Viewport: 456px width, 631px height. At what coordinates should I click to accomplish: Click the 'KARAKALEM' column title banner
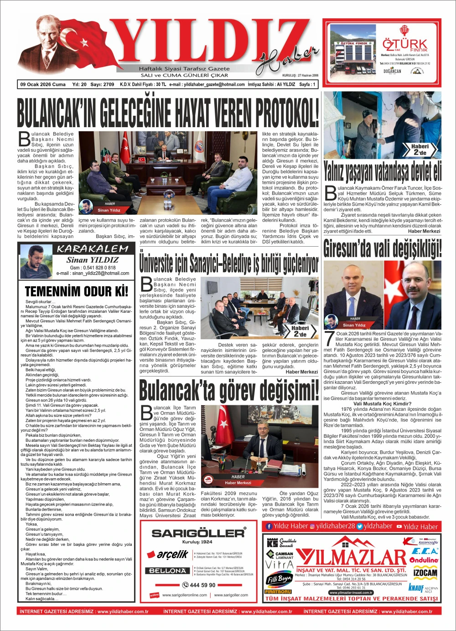93,249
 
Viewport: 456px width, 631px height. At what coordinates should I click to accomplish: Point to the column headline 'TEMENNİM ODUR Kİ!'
77,291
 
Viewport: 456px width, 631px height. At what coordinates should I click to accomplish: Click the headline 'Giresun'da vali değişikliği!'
382,248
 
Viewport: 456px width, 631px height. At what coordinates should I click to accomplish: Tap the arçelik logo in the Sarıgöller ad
167,554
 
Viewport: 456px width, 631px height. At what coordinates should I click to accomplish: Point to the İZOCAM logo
425,573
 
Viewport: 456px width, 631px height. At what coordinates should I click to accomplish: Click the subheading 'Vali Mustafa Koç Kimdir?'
382,403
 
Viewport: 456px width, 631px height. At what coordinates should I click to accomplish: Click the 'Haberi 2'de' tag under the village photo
420,150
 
